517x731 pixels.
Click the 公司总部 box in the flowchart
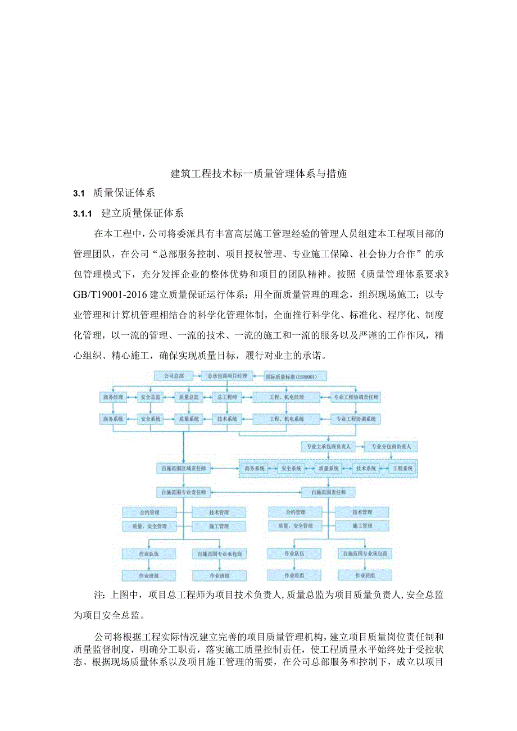174,375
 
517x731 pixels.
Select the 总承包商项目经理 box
227,375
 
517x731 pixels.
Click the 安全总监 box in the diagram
151,397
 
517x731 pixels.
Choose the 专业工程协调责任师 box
356,397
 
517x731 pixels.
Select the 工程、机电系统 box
287,419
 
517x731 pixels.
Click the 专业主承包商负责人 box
326,447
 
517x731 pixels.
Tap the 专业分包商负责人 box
391,447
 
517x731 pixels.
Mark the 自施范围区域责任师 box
184,468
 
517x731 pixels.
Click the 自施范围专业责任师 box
184,492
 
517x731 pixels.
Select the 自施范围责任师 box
328,492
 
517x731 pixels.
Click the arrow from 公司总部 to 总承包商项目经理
197,375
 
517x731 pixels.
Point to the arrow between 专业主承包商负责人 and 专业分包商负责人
358,447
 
